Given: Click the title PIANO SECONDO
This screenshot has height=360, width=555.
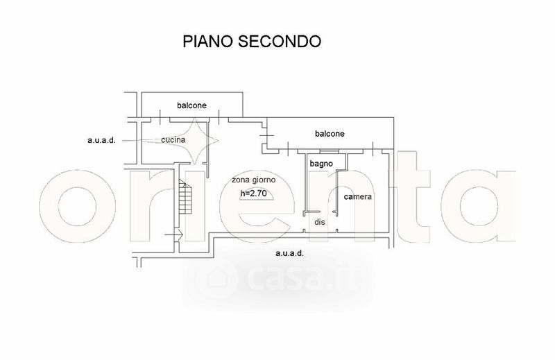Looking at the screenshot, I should (x=251, y=42).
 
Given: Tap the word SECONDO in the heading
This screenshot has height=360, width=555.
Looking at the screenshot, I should (x=280, y=42).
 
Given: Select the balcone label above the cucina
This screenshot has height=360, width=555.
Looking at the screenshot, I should (x=191, y=105).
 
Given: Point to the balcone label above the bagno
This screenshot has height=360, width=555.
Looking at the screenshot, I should (x=330, y=133).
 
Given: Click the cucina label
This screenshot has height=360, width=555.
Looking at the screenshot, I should (x=173, y=140).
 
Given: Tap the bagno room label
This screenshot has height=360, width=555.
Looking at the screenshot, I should (x=321, y=164).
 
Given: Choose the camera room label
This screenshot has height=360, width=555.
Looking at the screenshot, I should (x=358, y=197).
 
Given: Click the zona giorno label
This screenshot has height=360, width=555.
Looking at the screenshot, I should (x=254, y=180).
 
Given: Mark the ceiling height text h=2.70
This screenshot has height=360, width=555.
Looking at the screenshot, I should (x=253, y=193).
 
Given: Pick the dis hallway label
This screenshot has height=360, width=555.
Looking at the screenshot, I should (x=320, y=222).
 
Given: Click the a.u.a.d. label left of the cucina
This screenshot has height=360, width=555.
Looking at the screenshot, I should (x=101, y=140).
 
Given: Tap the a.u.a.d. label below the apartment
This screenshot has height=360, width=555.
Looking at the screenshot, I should (x=289, y=253).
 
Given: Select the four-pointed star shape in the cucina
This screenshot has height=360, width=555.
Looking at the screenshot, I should (x=197, y=140).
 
